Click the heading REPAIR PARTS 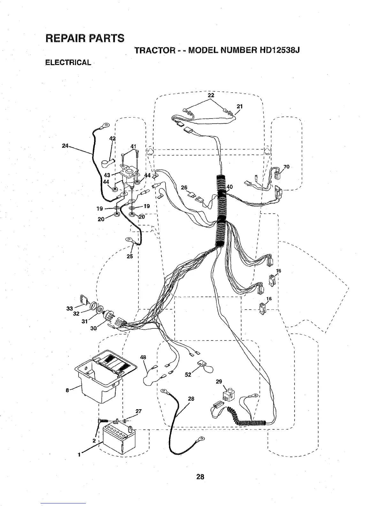click(x=85, y=38)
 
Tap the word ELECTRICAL click(x=68, y=62)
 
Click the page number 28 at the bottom click(x=200, y=477)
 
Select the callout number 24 click(x=65, y=146)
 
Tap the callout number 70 click(x=286, y=167)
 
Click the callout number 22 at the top click(x=211, y=95)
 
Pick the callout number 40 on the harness click(x=230, y=187)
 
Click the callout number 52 click(x=188, y=375)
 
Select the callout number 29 click(x=219, y=382)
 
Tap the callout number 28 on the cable click(x=191, y=399)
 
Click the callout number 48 click(x=143, y=357)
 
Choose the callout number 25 click(x=130, y=256)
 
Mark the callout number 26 click(x=184, y=188)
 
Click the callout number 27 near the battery click(x=138, y=411)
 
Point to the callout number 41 click(x=134, y=147)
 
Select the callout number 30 click(x=94, y=328)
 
